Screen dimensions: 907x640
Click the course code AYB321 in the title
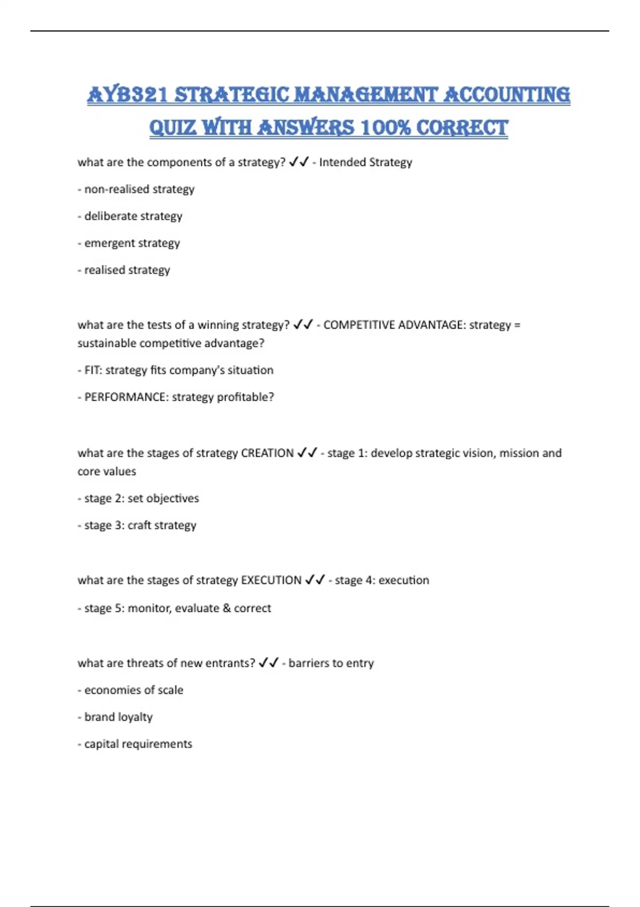pyautogui.click(x=129, y=95)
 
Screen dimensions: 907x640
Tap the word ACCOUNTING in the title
pyautogui.click(x=507, y=95)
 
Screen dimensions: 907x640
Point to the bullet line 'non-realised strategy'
pyautogui.click(x=137, y=189)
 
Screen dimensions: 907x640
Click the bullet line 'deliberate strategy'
pyautogui.click(x=131, y=216)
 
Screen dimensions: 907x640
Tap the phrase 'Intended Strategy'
pyautogui.click(x=365, y=162)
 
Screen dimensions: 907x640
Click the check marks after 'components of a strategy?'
pyautogui.click(x=299, y=162)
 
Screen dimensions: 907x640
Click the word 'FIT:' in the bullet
pyautogui.click(x=93, y=370)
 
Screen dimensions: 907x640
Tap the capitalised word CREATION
pyautogui.click(x=267, y=453)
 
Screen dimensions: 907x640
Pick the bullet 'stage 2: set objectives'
pyautogui.click(x=139, y=498)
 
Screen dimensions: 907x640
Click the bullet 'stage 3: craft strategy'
pyautogui.click(x=138, y=526)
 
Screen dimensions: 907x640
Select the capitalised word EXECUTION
pyautogui.click(x=271, y=580)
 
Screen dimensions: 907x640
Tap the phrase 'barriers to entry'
pyautogui.click(x=331, y=663)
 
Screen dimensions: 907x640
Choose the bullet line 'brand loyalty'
pyautogui.click(x=116, y=717)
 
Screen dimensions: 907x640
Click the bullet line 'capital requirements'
pyautogui.click(x=135, y=744)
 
